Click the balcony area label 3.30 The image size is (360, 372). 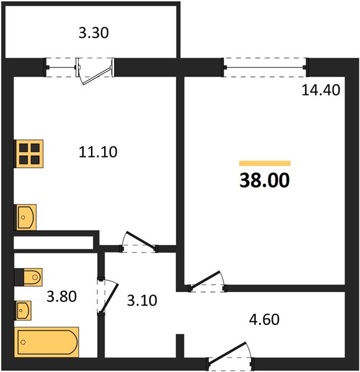(94, 33)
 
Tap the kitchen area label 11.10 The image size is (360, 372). (98, 152)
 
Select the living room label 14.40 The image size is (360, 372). (320, 91)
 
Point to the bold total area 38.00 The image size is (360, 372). (265, 180)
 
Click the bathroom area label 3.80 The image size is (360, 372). (61, 296)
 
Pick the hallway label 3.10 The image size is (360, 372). (142, 300)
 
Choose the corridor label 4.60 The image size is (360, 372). (264, 319)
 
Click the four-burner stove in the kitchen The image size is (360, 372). (29, 154)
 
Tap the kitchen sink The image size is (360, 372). (26, 217)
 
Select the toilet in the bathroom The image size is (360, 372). (29, 277)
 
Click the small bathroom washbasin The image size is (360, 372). (24, 311)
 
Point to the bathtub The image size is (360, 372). (46, 342)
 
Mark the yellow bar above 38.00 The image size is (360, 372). (265, 163)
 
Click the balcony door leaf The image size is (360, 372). (97, 76)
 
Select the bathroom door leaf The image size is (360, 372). (109, 298)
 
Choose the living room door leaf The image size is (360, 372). (204, 280)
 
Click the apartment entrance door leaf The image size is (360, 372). (227, 353)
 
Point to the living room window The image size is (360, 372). (265, 68)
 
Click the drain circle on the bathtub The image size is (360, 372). (23, 342)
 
